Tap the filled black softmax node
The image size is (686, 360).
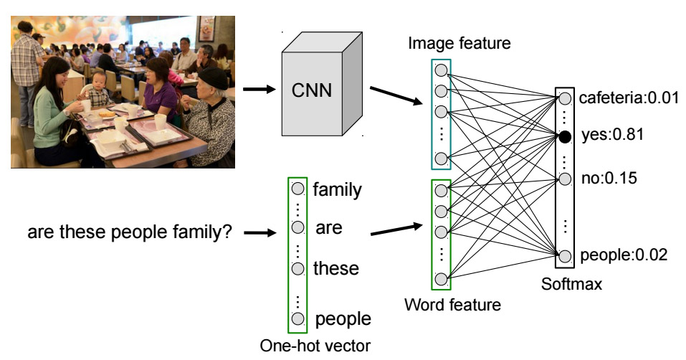coord(566,135)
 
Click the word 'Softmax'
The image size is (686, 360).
coord(571,285)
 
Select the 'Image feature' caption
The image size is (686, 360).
coord(459,43)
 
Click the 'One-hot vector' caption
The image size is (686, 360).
coord(315,347)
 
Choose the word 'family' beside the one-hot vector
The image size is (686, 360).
coord(337,190)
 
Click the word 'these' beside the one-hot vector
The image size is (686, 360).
coord(336,269)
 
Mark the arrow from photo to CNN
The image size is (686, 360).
coord(259,90)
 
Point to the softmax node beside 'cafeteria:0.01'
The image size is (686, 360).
coord(566,98)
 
